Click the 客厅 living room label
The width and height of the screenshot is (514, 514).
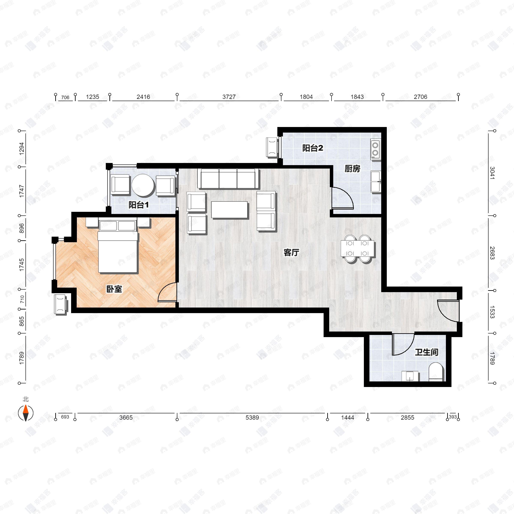tap(291, 252)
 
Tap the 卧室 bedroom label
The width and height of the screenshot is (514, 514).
tap(114, 289)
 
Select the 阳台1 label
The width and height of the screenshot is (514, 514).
tap(138, 205)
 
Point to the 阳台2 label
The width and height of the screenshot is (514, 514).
tap(313, 148)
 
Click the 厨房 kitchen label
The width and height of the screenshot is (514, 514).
tap(352, 168)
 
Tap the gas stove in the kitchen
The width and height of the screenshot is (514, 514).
tap(375, 149)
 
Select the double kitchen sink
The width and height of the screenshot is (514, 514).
tap(376, 182)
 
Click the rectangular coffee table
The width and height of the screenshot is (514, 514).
tap(230, 210)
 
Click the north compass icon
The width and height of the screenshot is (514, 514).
tap(25, 413)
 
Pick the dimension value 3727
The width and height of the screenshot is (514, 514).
tap(229, 97)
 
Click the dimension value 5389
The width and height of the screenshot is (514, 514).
tap(252, 417)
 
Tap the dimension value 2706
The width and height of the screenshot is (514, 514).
tap(420, 97)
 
